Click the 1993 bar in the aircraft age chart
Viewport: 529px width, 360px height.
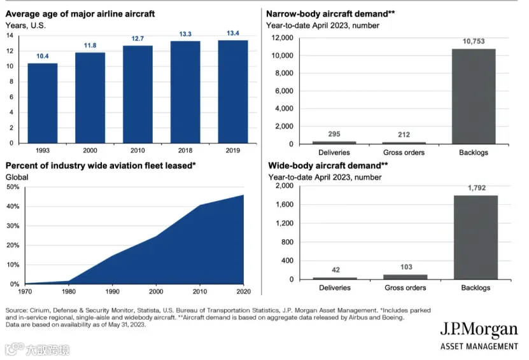pos(43,103)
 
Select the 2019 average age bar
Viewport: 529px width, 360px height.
pos(233,92)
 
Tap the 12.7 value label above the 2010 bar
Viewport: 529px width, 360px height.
pos(138,39)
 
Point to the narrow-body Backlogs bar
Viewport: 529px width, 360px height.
pos(474,97)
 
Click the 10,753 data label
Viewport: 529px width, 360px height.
pos(474,41)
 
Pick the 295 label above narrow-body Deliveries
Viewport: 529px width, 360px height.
pos(334,134)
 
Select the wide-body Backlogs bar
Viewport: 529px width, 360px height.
pos(476,237)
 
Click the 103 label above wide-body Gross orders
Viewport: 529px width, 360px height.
pos(406,267)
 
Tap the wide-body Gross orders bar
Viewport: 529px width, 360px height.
pos(405,277)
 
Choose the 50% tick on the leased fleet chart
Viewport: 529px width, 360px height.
pos(13,187)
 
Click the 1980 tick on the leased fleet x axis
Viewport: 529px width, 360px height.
pos(69,291)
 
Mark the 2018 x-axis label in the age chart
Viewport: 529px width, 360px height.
pos(185,151)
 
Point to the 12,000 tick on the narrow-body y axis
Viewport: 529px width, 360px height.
pos(283,38)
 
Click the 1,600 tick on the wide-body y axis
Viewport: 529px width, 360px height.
pos(285,205)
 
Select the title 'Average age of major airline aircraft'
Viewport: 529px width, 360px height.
pos(80,14)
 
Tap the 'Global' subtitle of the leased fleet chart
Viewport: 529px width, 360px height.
pos(17,177)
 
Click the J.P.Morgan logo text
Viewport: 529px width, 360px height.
pos(479,330)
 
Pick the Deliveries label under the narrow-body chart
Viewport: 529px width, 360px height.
pos(334,153)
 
